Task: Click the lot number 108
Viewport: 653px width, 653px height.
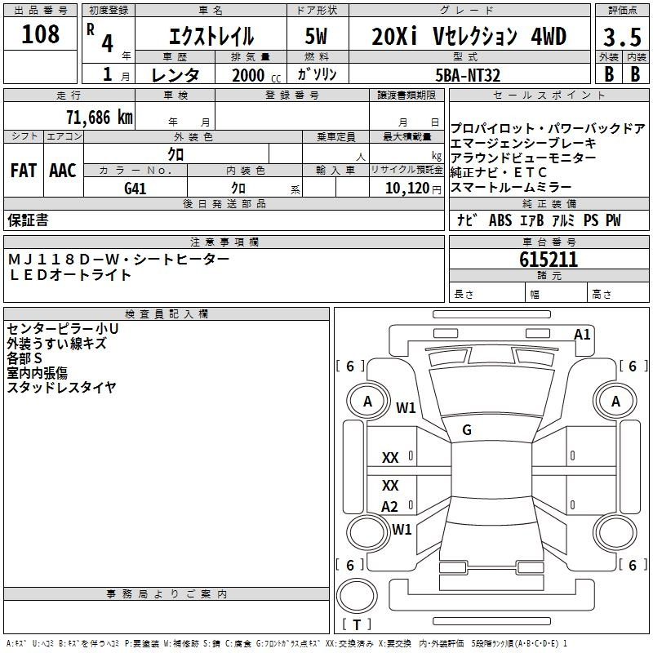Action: [x=40, y=34]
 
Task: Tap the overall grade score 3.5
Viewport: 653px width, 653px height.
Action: [x=622, y=38]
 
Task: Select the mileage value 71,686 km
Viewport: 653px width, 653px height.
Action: [x=100, y=118]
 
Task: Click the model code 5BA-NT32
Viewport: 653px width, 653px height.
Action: [x=468, y=75]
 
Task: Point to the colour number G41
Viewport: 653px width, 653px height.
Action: [x=135, y=189]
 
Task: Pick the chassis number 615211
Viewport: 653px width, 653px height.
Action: [x=549, y=260]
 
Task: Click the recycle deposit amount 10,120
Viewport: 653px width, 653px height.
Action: [x=407, y=189]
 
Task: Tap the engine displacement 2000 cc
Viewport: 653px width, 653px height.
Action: [x=256, y=75]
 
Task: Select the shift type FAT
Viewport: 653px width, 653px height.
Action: [x=24, y=171]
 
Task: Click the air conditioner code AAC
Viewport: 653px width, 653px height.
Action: [x=63, y=171]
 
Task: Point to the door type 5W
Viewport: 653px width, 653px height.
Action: [x=316, y=36]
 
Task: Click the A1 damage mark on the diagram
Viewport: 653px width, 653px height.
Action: [x=582, y=335]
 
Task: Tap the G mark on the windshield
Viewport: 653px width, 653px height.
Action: [x=467, y=430]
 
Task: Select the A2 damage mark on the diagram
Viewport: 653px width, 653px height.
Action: [x=389, y=507]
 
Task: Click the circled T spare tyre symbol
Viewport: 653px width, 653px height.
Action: [x=357, y=624]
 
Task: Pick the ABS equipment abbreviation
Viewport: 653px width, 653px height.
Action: [x=500, y=220]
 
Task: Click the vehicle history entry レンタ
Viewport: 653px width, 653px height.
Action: [x=175, y=75]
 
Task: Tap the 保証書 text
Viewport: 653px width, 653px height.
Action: [x=28, y=220]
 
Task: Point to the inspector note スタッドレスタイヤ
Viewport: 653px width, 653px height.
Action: [x=62, y=387]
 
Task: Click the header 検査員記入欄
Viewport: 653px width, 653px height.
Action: [x=167, y=314]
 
